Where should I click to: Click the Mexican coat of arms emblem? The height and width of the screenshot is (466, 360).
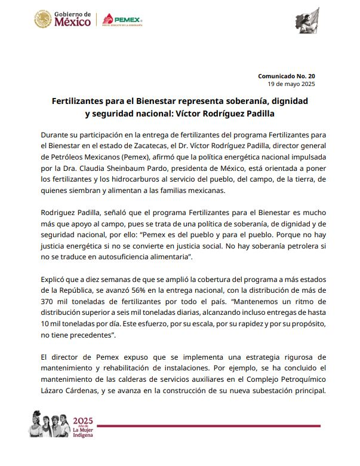point(43,20)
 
